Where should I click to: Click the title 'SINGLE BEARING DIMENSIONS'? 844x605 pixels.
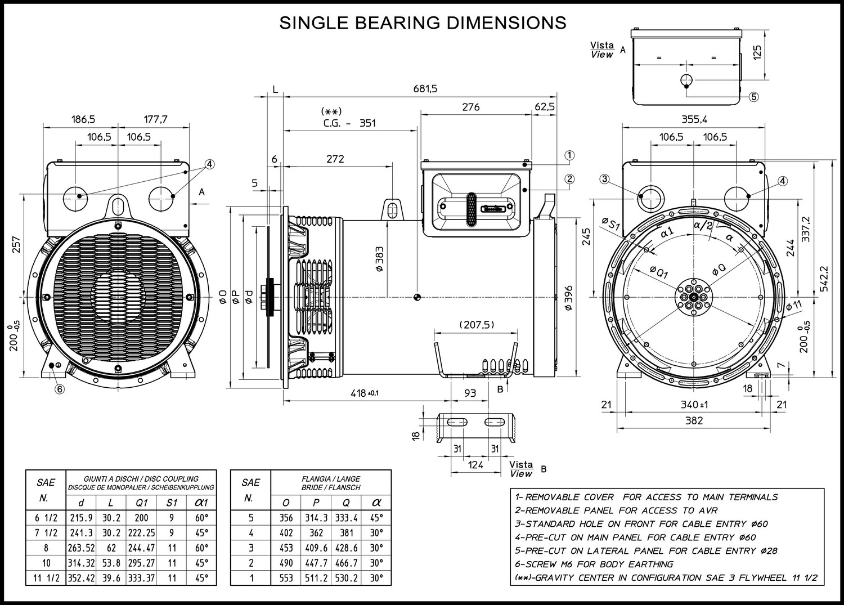[423, 23]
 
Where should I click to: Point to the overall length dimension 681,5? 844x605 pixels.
[425, 88]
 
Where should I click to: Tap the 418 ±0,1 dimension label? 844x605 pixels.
[364, 393]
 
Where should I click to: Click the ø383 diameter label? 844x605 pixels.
[379, 259]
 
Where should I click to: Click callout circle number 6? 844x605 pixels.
[59, 388]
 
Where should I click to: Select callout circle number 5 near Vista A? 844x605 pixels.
[754, 96]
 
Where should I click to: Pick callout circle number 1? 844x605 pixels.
[569, 155]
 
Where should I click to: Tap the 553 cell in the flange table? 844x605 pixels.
[286, 578]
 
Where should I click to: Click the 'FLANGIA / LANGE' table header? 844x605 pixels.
[331, 479]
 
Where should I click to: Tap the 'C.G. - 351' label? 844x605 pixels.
[349, 123]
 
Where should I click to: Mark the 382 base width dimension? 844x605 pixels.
[694, 420]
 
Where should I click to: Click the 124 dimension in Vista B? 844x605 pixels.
[476, 465]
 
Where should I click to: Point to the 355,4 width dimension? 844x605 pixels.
[694, 119]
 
